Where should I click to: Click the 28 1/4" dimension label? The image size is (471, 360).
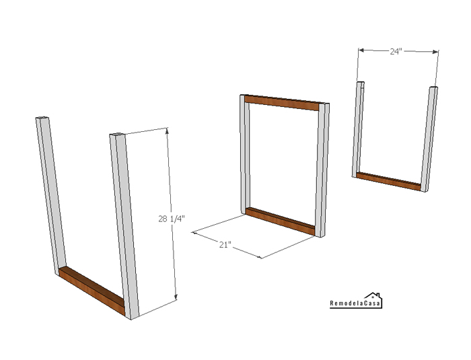pyautogui.click(x=172, y=219)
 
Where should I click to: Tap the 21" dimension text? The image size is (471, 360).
pyautogui.click(x=225, y=245)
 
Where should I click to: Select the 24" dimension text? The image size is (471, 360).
pyautogui.click(x=396, y=51)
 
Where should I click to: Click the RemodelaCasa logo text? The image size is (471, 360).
pyautogui.click(x=355, y=303)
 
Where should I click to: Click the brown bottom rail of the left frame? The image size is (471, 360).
pyautogui.click(x=92, y=290)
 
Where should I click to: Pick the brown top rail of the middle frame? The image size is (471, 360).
pyautogui.click(x=281, y=102)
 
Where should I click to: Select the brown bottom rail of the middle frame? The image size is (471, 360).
pyautogui.click(x=281, y=221)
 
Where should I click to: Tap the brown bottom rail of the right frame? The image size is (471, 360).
pyautogui.click(x=388, y=181)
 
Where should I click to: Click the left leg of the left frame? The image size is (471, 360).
pyautogui.click(x=50, y=195)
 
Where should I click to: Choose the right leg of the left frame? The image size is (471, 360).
pyautogui.click(x=124, y=225)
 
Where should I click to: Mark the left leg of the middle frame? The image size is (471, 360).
pyautogui.click(x=244, y=155)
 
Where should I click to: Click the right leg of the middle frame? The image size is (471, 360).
pyautogui.click(x=322, y=170)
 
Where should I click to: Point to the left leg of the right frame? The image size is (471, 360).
pyautogui.click(x=358, y=129)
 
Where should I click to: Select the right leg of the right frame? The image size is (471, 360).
pyautogui.click(x=429, y=139)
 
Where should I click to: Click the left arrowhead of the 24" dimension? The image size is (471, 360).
pyautogui.click(x=361, y=50)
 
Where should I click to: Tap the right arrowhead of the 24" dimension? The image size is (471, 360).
pyautogui.click(x=435, y=52)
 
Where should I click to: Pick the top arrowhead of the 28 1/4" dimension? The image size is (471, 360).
pyautogui.click(x=167, y=131)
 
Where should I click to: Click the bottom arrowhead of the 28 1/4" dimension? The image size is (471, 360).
pyautogui.click(x=176, y=297)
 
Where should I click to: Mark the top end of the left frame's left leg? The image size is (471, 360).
pyautogui.click(x=42, y=117)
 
